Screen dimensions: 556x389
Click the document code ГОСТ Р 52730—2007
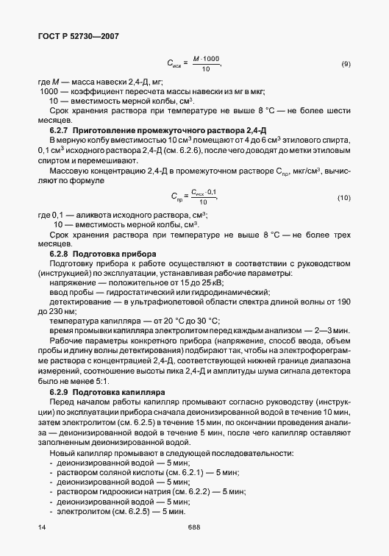78,35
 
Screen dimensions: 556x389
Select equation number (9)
346,64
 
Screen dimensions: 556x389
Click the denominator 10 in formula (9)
205,68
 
